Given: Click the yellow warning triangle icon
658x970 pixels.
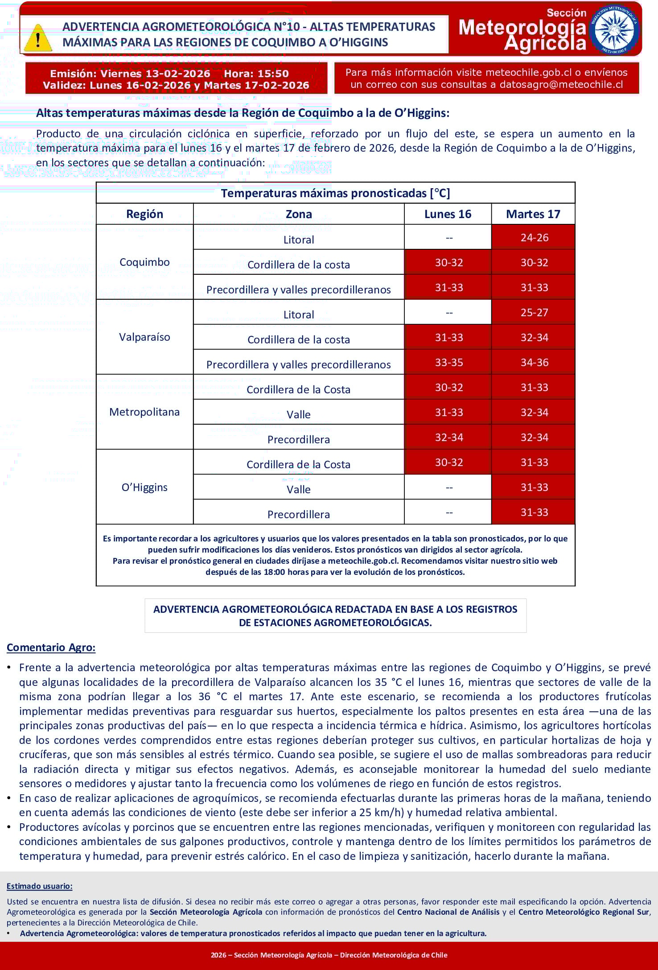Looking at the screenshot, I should (x=38, y=38).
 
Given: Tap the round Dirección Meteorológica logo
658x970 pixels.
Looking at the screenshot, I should (x=614, y=29).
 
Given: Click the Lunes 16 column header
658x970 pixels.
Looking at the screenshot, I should (x=448, y=214).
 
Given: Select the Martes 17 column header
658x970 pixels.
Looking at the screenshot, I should (x=533, y=214).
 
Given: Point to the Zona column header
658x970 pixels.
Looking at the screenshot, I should (x=299, y=214).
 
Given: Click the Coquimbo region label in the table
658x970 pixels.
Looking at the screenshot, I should (x=144, y=262).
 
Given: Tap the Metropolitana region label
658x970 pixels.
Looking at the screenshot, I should (x=144, y=412).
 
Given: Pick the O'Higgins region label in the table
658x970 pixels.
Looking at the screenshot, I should (x=144, y=487).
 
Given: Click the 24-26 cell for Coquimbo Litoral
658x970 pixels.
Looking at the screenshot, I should (x=534, y=237).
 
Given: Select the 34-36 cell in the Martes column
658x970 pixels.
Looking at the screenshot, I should (x=534, y=362).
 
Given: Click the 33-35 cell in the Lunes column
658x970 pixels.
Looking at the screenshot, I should (x=448, y=362).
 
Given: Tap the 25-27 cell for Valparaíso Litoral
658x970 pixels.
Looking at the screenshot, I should (x=534, y=312).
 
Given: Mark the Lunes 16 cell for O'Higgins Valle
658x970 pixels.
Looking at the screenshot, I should (x=448, y=487).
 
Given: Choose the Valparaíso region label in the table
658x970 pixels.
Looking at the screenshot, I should (x=144, y=337).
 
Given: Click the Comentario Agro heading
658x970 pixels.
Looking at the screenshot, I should (x=51, y=647).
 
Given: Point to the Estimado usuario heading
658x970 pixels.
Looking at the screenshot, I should (x=39, y=886).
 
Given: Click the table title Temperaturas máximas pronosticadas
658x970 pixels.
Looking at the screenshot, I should (x=335, y=193).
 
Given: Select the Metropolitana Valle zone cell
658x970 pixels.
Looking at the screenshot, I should (x=299, y=414).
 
